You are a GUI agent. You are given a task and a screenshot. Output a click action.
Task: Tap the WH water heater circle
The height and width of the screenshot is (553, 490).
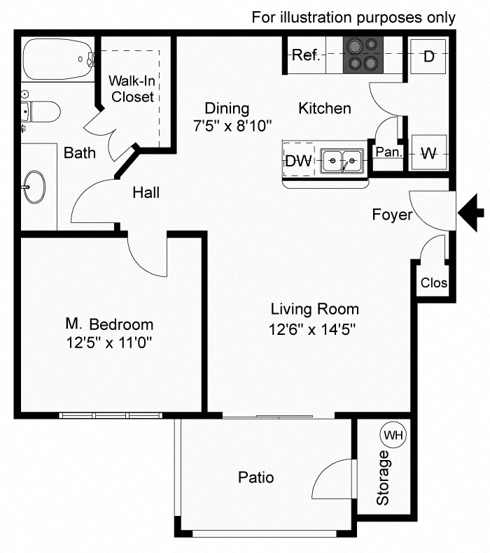tap(393, 435)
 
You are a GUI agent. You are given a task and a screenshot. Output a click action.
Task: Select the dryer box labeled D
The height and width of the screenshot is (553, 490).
tap(428, 55)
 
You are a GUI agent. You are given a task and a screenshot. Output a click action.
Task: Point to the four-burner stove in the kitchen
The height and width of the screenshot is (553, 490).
tap(363, 54)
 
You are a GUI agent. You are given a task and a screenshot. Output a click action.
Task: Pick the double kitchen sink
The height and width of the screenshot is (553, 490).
tap(343, 161)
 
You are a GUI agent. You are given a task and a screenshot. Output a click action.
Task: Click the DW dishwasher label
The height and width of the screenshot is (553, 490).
tap(298, 161)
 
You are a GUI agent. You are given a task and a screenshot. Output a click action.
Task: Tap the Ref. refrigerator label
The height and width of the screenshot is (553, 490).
tap(306, 55)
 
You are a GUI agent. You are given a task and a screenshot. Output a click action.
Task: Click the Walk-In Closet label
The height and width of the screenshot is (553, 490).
tap(132, 89)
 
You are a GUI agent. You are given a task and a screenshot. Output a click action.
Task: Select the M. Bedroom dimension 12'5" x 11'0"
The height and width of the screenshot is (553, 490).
tap(108, 343)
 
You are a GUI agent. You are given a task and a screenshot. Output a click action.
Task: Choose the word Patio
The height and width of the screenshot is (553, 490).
tap(255, 478)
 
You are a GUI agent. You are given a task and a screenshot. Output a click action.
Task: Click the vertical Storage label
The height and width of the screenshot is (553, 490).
tap(382, 478)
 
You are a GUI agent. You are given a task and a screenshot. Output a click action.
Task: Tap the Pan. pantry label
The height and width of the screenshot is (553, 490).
tap(387, 152)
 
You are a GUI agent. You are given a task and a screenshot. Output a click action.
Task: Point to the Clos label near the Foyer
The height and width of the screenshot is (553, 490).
tap(434, 283)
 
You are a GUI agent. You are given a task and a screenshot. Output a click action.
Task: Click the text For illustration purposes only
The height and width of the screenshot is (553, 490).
tap(353, 17)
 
